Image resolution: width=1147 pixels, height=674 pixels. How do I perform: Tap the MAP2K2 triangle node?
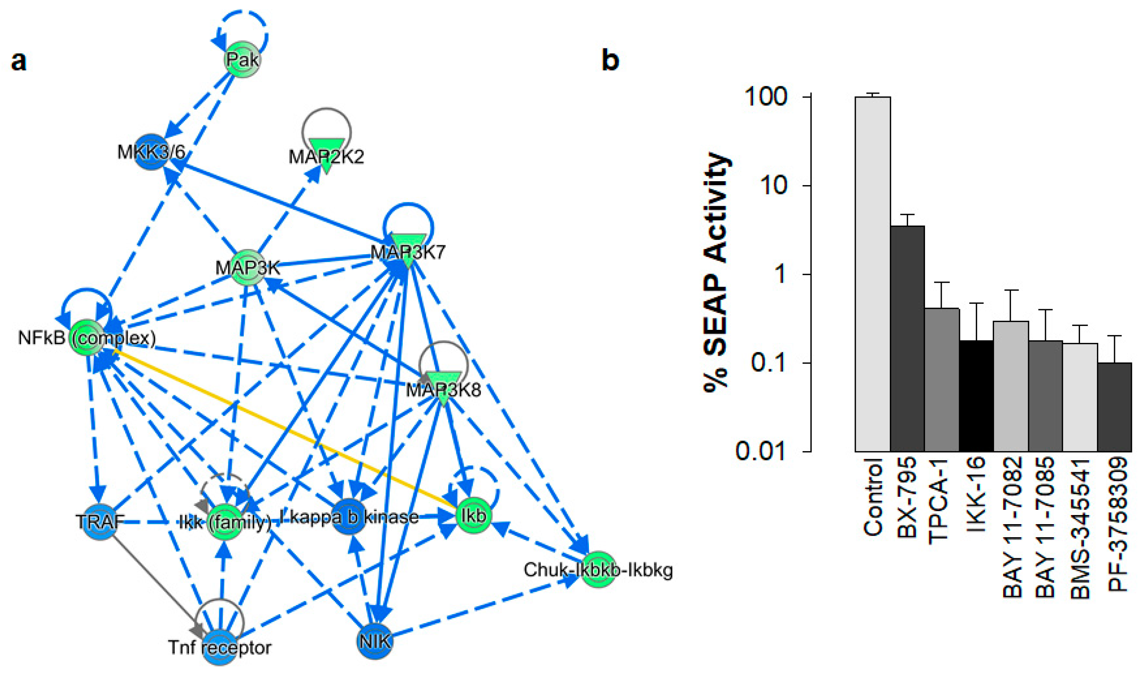pos(326,154)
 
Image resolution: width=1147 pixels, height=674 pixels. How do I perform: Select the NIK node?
pos(375,641)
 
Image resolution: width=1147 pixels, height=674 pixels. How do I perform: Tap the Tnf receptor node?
pos(220,647)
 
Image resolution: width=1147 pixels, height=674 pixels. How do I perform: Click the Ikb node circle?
pos(473,515)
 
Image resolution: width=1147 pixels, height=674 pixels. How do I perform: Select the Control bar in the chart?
pos(873,273)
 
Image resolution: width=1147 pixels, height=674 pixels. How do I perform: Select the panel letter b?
pos(610,59)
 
